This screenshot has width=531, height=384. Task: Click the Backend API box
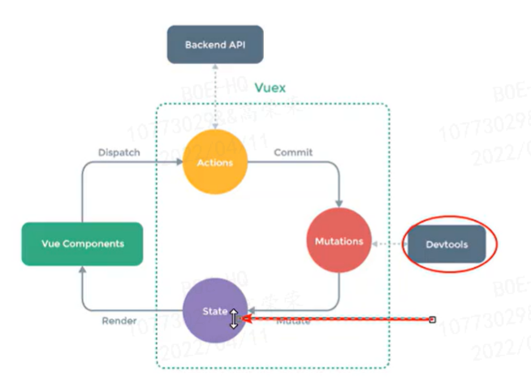coord(215,45)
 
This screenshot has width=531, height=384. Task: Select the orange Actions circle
coord(215,162)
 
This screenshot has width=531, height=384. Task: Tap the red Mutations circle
coord(339,241)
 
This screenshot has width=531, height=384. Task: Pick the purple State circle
coord(215,311)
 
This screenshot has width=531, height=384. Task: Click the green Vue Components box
coord(82,244)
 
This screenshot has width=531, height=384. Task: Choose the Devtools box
coord(447,244)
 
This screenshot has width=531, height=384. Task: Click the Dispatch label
coord(119,152)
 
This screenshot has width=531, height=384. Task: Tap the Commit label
coord(292,152)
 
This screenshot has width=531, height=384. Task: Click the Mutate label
coord(292,321)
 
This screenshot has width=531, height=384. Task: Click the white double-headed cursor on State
coord(234,318)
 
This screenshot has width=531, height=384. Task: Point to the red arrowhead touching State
coord(246,319)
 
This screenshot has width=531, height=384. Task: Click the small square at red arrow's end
coord(433,319)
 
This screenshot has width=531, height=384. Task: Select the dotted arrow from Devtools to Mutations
coord(388,243)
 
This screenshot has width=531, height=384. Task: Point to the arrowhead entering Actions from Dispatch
coord(179,162)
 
